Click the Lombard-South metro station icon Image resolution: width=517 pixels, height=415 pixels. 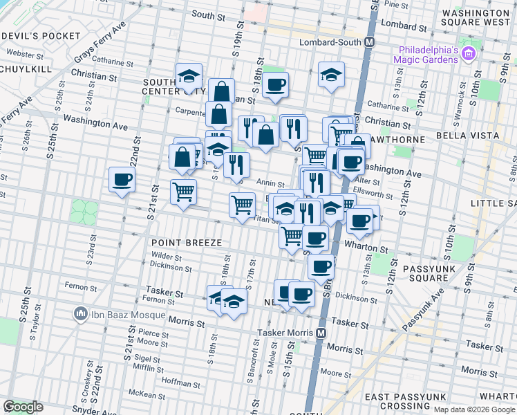point(370,41)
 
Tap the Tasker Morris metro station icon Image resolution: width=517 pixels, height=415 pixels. point(321,333)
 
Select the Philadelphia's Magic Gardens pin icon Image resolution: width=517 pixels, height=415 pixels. point(469,53)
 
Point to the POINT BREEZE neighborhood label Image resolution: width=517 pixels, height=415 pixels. point(187,243)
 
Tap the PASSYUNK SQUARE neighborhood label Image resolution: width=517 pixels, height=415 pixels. point(418,272)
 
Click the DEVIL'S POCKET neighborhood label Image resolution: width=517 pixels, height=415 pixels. point(38,35)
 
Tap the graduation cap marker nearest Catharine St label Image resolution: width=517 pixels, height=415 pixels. point(188,76)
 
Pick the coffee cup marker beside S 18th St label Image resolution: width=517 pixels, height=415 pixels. point(275,84)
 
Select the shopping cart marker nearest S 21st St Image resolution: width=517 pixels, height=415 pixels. point(183,191)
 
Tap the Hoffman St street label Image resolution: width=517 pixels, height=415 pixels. point(180,381)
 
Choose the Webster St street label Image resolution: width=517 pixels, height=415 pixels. point(26,53)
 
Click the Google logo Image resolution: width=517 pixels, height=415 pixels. point(23,407)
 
